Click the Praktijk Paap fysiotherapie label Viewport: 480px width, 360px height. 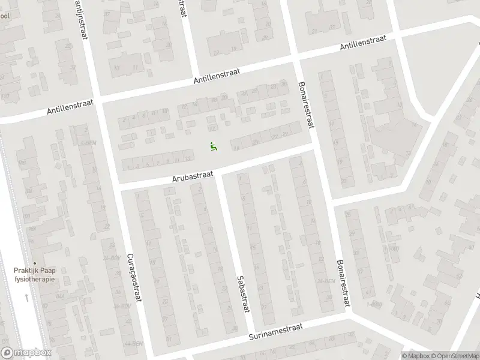click(35, 275)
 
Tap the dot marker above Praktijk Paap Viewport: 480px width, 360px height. click(35, 263)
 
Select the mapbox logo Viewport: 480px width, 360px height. click(25, 353)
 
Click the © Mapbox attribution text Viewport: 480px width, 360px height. click(415, 355)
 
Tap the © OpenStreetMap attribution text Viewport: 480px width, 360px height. click(454, 355)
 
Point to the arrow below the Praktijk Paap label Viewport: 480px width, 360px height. click(26, 297)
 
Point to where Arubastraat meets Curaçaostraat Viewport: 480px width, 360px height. click(116, 185)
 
